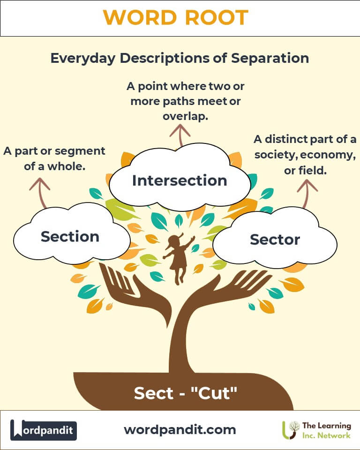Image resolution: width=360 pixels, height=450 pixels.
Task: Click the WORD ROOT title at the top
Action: pos(175,18)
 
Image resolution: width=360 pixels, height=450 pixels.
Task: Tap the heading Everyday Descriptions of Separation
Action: pos(180,58)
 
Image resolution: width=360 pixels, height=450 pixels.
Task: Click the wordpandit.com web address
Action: pos(180,429)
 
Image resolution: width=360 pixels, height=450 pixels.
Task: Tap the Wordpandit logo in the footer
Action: pos(44,430)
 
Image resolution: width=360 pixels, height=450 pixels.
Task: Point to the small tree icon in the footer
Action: pos(292,430)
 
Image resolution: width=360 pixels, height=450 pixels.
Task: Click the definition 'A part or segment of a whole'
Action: pos(54,158)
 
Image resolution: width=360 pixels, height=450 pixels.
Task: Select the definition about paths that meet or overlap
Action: pos(185,101)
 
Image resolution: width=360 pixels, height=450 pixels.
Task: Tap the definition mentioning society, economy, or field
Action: pos(305,155)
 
